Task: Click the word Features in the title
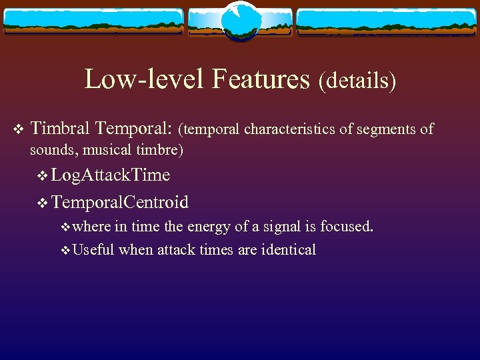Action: coord(261,79)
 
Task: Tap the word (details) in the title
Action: coord(357,81)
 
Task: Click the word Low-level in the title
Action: coord(146,79)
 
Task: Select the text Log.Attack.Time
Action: coord(111,175)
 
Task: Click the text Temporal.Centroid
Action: coord(120,201)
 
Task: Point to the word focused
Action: coord(347,226)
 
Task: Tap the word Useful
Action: coord(93,250)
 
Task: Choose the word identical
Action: coord(288,250)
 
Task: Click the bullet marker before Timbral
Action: coord(17,128)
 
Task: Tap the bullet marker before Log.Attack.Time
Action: coord(43,176)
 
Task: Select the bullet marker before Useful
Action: coord(65,251)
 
